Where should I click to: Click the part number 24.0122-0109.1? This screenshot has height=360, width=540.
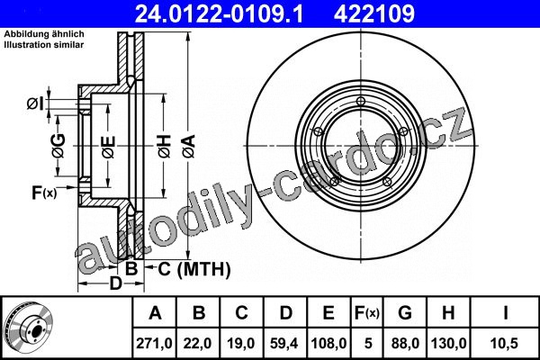(x=219, y=13)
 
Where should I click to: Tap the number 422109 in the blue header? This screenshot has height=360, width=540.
(x=374, y=13)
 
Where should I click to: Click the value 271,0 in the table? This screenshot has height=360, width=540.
(x=154, y=344)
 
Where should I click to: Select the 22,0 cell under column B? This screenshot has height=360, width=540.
(x=198, y=344)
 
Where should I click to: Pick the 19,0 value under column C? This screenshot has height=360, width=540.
(x=241, y=344)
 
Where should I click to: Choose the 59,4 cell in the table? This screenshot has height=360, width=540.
(x=284, y=344)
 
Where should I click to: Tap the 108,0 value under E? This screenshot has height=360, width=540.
(x=328, y=344)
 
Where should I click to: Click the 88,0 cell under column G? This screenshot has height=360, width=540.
(x=405, y=344)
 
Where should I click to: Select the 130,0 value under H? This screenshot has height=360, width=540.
(x=448, y=344)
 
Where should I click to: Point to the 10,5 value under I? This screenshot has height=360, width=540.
(x=505, y=344)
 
